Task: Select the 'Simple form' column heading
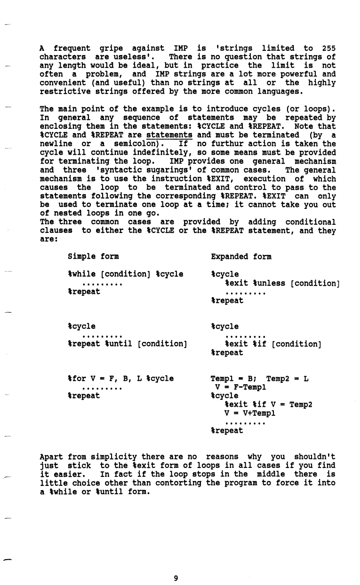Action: click(93, 257)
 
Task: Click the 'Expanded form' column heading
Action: click(240, 257)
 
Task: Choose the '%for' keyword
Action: click(77, 378)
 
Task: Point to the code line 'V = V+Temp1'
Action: click(250, 413)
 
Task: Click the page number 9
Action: click(176, 578)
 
